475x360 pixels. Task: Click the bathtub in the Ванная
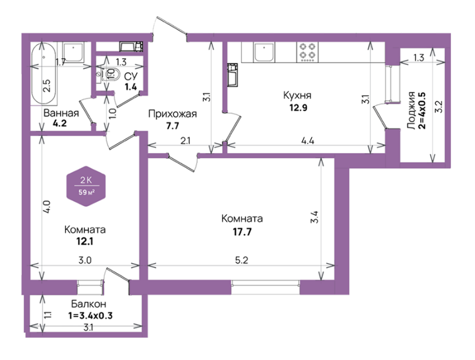[x=44, y=74]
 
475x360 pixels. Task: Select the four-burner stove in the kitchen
[x=307, y=52]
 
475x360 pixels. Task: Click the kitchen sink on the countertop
[x=265, y=52]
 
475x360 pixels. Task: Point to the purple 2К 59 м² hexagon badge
[x=86, y=186]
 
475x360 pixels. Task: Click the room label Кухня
[x=297, y=95]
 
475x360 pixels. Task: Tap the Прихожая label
[x=172, y=114]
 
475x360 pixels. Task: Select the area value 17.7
[x=242, y=232]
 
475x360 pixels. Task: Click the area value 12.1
[x=85, y=242]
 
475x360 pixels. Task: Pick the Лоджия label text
[x=411, y=110]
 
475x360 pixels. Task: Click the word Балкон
[x=88, y=304]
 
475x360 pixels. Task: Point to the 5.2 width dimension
[x=241, y=260]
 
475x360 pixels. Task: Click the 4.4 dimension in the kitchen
[x=307, y=141]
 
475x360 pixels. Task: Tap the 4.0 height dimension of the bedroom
[x=47, y=207]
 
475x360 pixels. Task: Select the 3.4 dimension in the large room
[x=315, y=217]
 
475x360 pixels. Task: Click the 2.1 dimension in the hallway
[x=185, y=141]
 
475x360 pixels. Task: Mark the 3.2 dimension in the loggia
[x=438, y=106]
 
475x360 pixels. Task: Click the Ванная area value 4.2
[x=60, y=123]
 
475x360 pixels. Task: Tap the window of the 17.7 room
[x=266, y=287]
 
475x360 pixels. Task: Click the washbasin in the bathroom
[x=73, y=52]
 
